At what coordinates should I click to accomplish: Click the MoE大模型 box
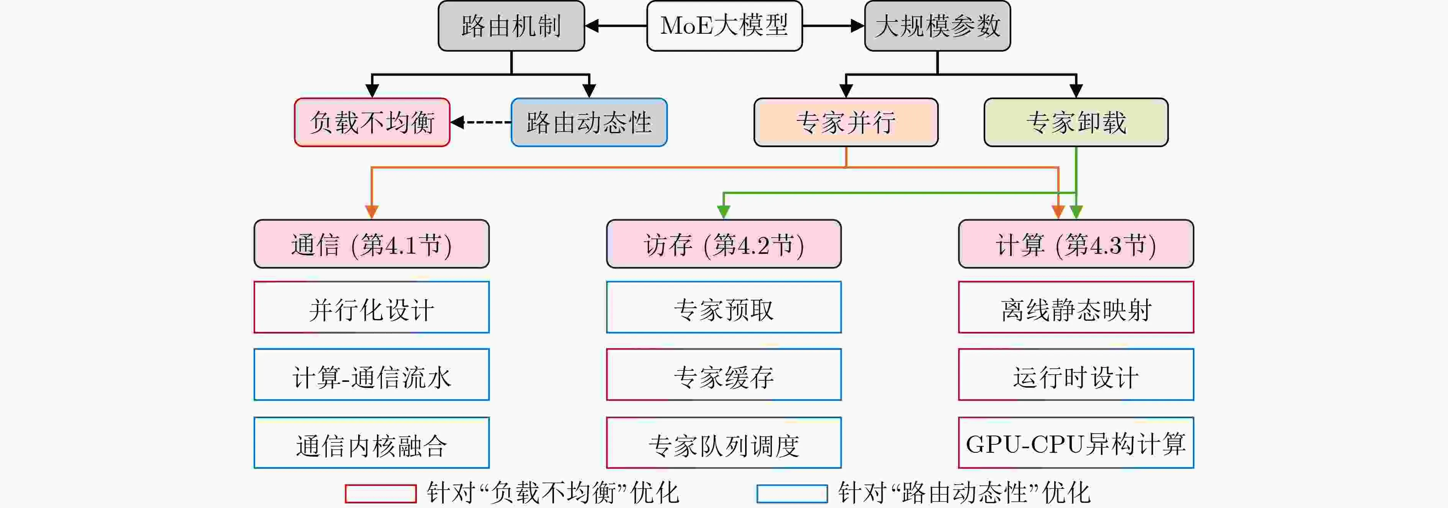[x=724, y=26]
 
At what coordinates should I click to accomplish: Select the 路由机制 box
[x=511, y=26]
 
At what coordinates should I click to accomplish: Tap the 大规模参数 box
[x=937, y=26]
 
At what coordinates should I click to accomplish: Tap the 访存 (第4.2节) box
[x=724, y=244]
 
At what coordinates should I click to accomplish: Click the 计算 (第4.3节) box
[x=1075, y=244]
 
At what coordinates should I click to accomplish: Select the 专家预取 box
[x=724, y=308]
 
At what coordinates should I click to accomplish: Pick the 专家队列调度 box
[x=724, y=443]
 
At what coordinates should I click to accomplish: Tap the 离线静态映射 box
[x=1075, y=308]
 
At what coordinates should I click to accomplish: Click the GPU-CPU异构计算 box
[x=1075, y=443]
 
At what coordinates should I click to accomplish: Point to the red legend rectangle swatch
[x=380, y=493]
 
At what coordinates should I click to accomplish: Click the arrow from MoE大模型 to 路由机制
[x=616, y=26]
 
